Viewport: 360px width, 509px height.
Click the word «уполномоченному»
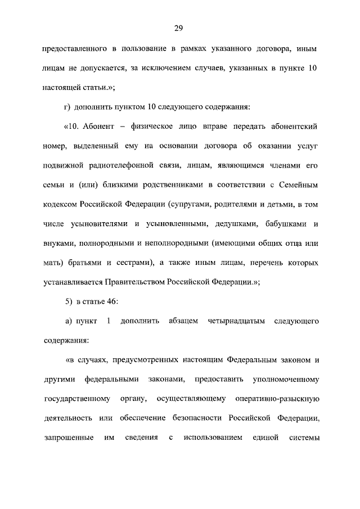pyautogui.click(x=286, y=380)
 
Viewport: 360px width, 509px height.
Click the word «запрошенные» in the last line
pyautogui.click(x=67, y=438)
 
